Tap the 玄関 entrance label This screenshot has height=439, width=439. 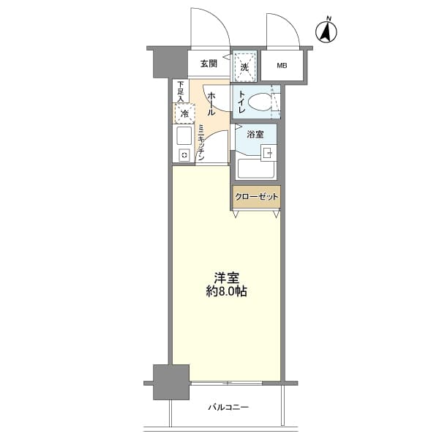click(x=209, y=64)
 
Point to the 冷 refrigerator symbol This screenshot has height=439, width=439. click(x=184, y=114)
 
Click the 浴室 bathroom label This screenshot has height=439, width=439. click(x=255, y=135)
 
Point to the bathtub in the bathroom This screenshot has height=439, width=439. click(x=255, y=170)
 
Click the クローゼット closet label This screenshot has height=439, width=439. click(x=256, y=197)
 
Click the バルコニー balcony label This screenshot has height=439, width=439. click(x=228, y=407)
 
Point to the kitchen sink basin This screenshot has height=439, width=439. click(x=184, y=136)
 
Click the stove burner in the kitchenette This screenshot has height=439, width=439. click(x=184, y=155)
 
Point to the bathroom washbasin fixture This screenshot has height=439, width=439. click(x=267, y=153)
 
